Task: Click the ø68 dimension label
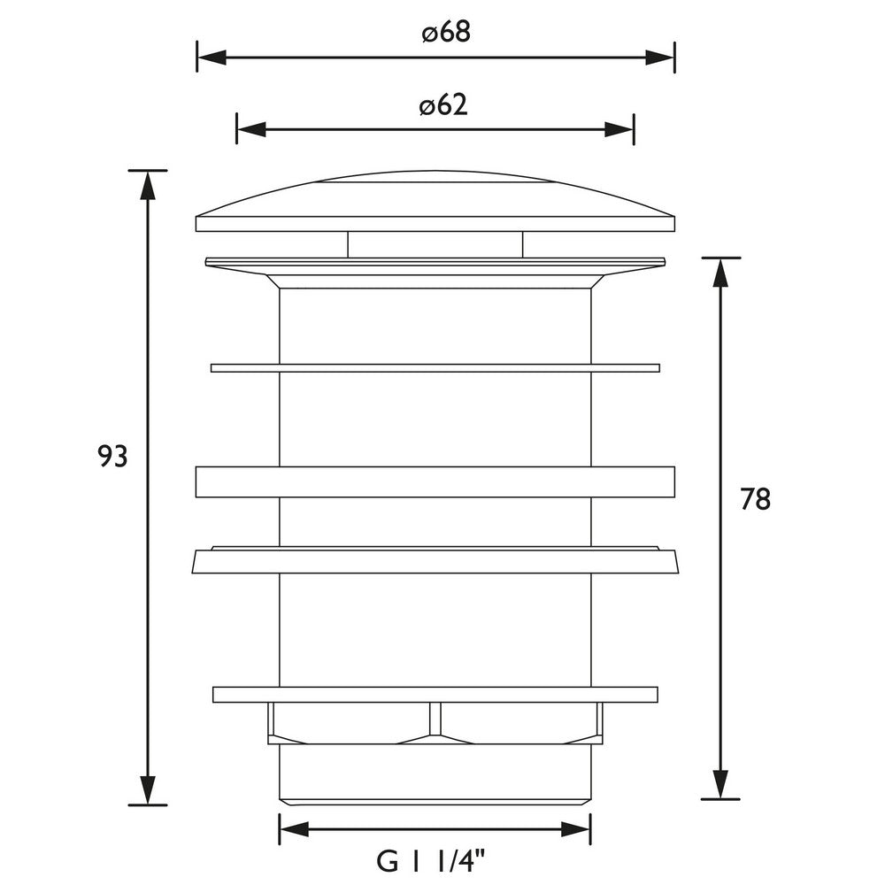pyautogui.click(x=445, y=34)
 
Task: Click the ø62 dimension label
pyautogui.click(x=442, y=105)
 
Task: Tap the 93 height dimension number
pyautogui.click(x=113, y=457)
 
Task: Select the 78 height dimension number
pyautogui.click(x=756, y=500)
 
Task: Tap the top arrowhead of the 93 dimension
pyautogui.click(x=148, y=183)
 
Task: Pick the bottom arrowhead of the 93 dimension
pyautogui.click(x=148, y=790)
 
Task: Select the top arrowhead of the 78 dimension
pyautogui.click(x=721, y=272)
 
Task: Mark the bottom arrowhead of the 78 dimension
pyautogui.click(x=721, y=785)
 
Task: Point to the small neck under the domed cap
pyautogui.click(x=435, y=244)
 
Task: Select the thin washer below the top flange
pyautogui.click(x=435, y=367)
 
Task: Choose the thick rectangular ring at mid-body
pyautogui.click(x=435, y=481)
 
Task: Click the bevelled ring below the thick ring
pyautogui.click(x=435, y=560)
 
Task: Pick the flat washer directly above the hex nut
pyautogui.click(x=435, y=694)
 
